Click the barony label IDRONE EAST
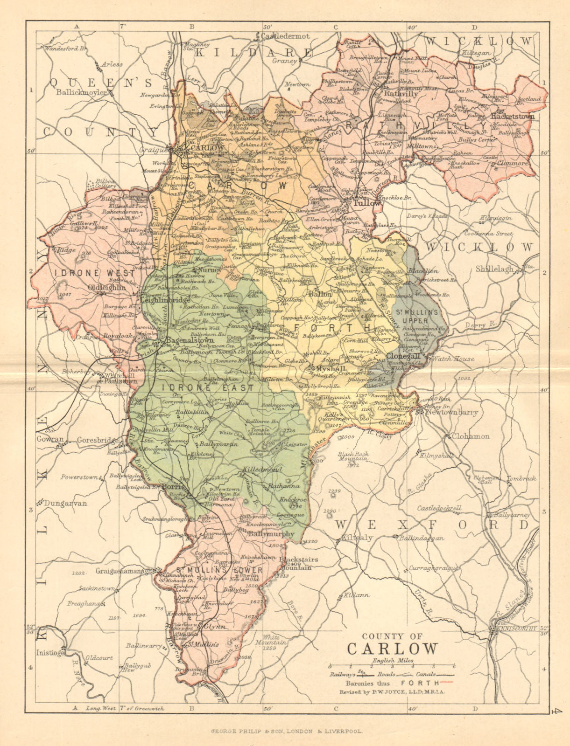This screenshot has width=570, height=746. tap(208, 387)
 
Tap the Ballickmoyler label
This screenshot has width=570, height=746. tap(83, 92)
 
